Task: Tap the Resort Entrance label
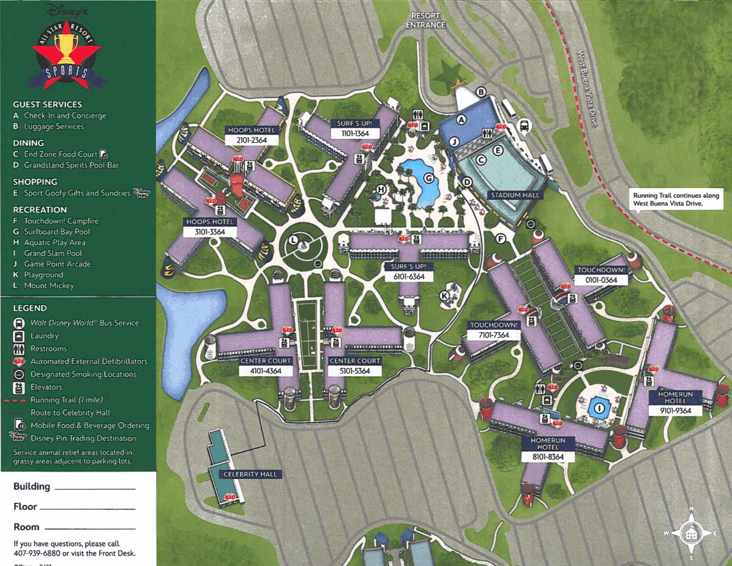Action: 425,21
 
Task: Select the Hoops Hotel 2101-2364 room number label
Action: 252,140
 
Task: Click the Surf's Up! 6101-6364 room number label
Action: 408,277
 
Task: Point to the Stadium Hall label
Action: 515,195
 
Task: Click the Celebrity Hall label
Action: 250,474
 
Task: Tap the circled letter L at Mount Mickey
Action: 294,240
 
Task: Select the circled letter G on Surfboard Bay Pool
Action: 429,178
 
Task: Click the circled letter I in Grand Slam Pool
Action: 599,408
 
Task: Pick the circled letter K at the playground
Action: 444,296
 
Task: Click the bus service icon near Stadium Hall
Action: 524,126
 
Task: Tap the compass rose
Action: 691,534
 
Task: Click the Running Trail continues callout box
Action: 676,199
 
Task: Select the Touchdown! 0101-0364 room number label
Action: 601,280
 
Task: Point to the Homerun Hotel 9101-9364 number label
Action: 675,411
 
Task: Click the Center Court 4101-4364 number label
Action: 265,371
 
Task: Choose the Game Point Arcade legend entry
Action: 57,264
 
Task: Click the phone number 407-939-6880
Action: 37,553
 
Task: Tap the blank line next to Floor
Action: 88,508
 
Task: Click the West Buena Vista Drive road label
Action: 587,88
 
